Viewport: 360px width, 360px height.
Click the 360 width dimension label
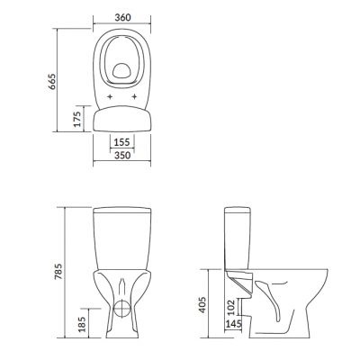123,17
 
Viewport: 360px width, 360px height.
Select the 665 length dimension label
52,82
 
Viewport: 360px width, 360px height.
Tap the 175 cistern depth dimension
77,119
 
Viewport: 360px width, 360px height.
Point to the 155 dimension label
121,142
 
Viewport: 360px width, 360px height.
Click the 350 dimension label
122,156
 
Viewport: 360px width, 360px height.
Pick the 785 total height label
58,272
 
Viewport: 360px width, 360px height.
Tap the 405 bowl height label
202,305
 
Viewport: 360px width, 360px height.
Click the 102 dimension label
231,307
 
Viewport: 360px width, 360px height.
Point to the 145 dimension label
233,324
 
